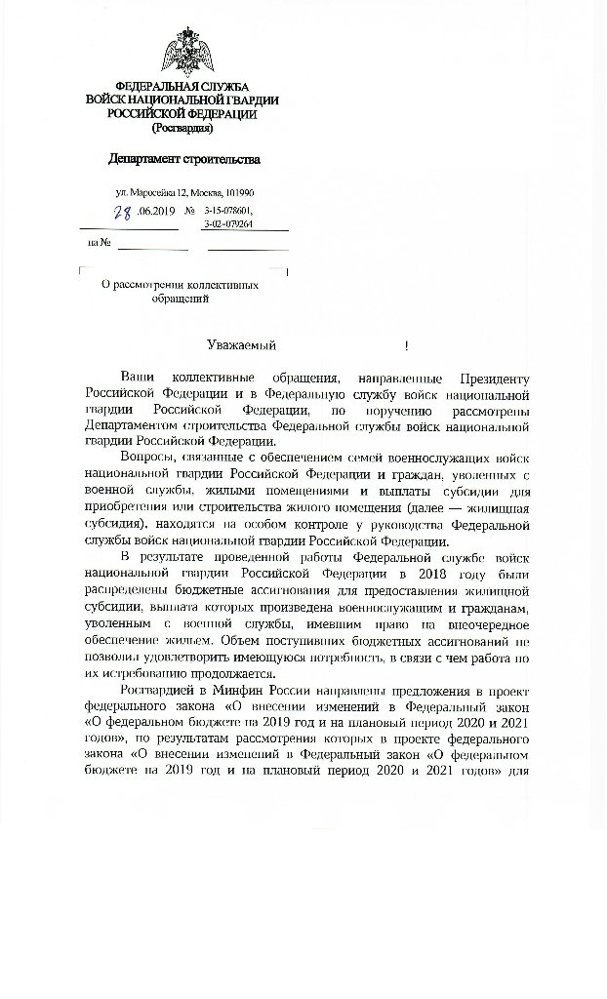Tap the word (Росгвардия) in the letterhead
click(x=182, y=127)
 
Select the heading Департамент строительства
click(x=184, y=159)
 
